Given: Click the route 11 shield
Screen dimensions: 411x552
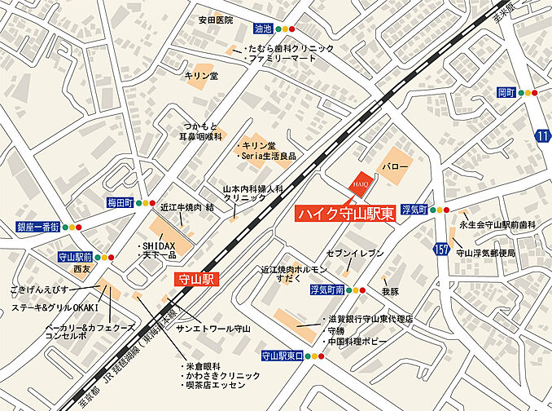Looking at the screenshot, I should [x=543, y=135].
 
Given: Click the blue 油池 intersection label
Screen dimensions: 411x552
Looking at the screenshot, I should [x=262, y=28].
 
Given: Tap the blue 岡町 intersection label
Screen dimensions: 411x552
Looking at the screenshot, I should [x=507, y=93].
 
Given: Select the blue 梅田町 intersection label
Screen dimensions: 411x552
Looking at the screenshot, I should [x=118, y=201].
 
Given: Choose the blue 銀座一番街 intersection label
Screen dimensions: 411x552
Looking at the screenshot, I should [x=38, y=227].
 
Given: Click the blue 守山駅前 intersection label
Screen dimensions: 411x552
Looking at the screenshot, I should [x=75, y=256].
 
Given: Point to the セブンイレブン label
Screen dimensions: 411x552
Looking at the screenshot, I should [x=355, y=254].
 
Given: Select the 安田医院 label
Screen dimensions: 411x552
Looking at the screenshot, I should [x=216, y=19].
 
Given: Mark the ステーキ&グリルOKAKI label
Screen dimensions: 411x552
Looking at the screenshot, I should [x=55, y=307].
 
